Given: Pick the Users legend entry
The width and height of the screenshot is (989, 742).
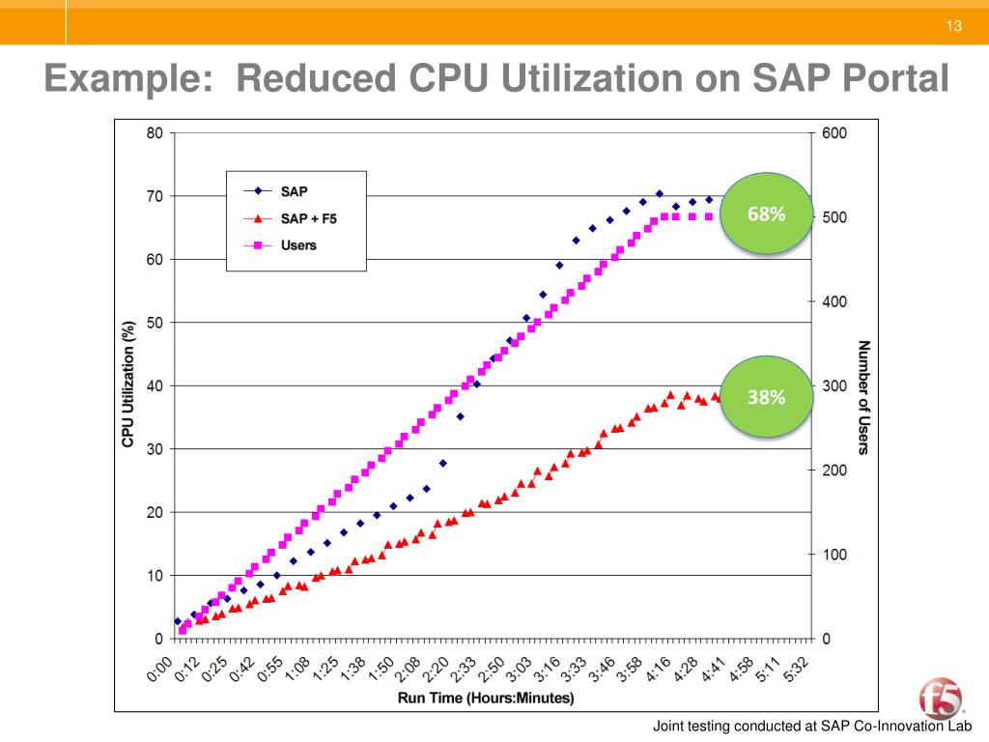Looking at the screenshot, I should click(298, 245).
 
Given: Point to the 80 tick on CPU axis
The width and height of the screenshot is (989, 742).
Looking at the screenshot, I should click(154, 133).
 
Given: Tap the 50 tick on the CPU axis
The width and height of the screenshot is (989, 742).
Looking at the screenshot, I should click(154, 323).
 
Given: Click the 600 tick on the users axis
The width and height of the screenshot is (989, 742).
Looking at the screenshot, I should click(834, 133).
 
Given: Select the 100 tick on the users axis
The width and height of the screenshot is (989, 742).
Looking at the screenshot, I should click(834, 555).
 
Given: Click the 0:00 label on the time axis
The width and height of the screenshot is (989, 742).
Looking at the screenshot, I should click(161, 669).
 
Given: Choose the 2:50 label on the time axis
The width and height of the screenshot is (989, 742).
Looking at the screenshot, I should click(494, 669).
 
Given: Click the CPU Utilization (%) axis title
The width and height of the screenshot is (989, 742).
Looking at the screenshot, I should click(127, 384).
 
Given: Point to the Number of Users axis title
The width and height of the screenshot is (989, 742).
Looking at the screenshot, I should click(863, 396).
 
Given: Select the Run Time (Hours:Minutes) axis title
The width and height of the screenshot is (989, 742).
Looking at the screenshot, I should click(486, 698).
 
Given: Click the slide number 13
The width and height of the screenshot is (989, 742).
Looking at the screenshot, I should click(954, 25).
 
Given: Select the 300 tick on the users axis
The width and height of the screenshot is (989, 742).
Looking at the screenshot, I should click(834, 386).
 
